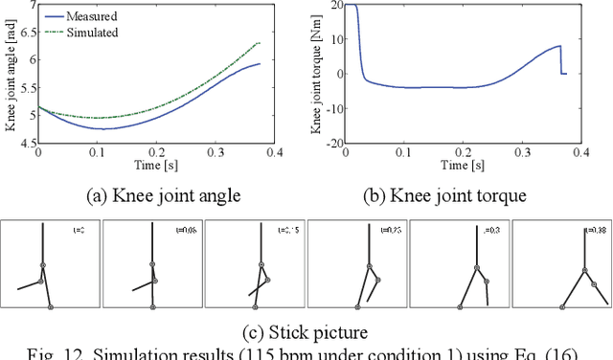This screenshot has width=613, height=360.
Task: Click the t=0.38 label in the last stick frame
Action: (597, 231)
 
